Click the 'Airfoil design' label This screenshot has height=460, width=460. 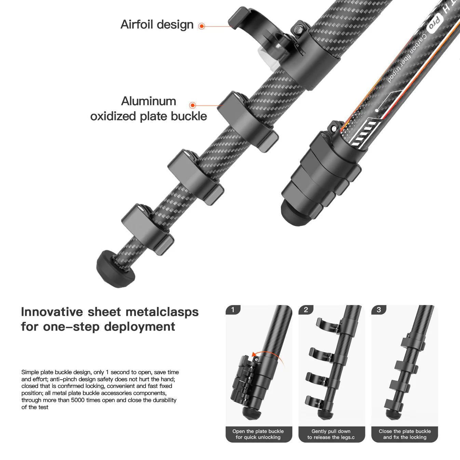(157, 25)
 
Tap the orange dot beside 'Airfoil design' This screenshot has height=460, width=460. (202, 26)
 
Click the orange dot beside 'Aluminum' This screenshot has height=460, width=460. (192, 105)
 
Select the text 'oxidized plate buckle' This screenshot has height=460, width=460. (148, 116)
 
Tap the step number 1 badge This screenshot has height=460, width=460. (233, 310)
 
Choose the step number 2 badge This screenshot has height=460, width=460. (306, 310)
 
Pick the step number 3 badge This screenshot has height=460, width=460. (379, 310)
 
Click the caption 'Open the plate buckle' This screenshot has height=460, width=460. (258, 431)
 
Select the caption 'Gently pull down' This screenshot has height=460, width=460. (331, 431)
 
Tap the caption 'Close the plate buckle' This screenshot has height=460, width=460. (405, 431)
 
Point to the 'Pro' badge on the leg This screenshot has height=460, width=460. (434, 24)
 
